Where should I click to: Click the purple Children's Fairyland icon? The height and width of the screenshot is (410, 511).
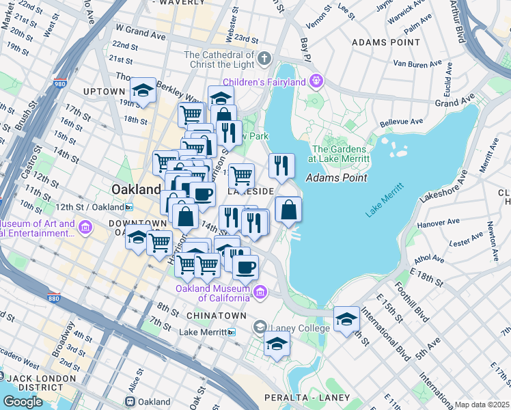316,82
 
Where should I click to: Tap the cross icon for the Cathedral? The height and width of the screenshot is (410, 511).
264,58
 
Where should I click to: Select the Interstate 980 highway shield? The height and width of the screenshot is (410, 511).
60,85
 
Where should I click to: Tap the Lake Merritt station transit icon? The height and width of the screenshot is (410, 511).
232,332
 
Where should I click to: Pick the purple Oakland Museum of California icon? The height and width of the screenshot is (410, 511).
260,292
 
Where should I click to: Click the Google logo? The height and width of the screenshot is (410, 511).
23,402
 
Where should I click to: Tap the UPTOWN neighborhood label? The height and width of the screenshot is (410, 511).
104,91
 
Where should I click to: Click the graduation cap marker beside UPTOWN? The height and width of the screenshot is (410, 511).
143,90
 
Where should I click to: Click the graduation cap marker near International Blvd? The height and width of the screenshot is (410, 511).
346,318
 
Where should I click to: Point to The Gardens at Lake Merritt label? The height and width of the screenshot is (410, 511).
340,154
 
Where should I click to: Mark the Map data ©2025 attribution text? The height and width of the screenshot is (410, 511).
482,405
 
